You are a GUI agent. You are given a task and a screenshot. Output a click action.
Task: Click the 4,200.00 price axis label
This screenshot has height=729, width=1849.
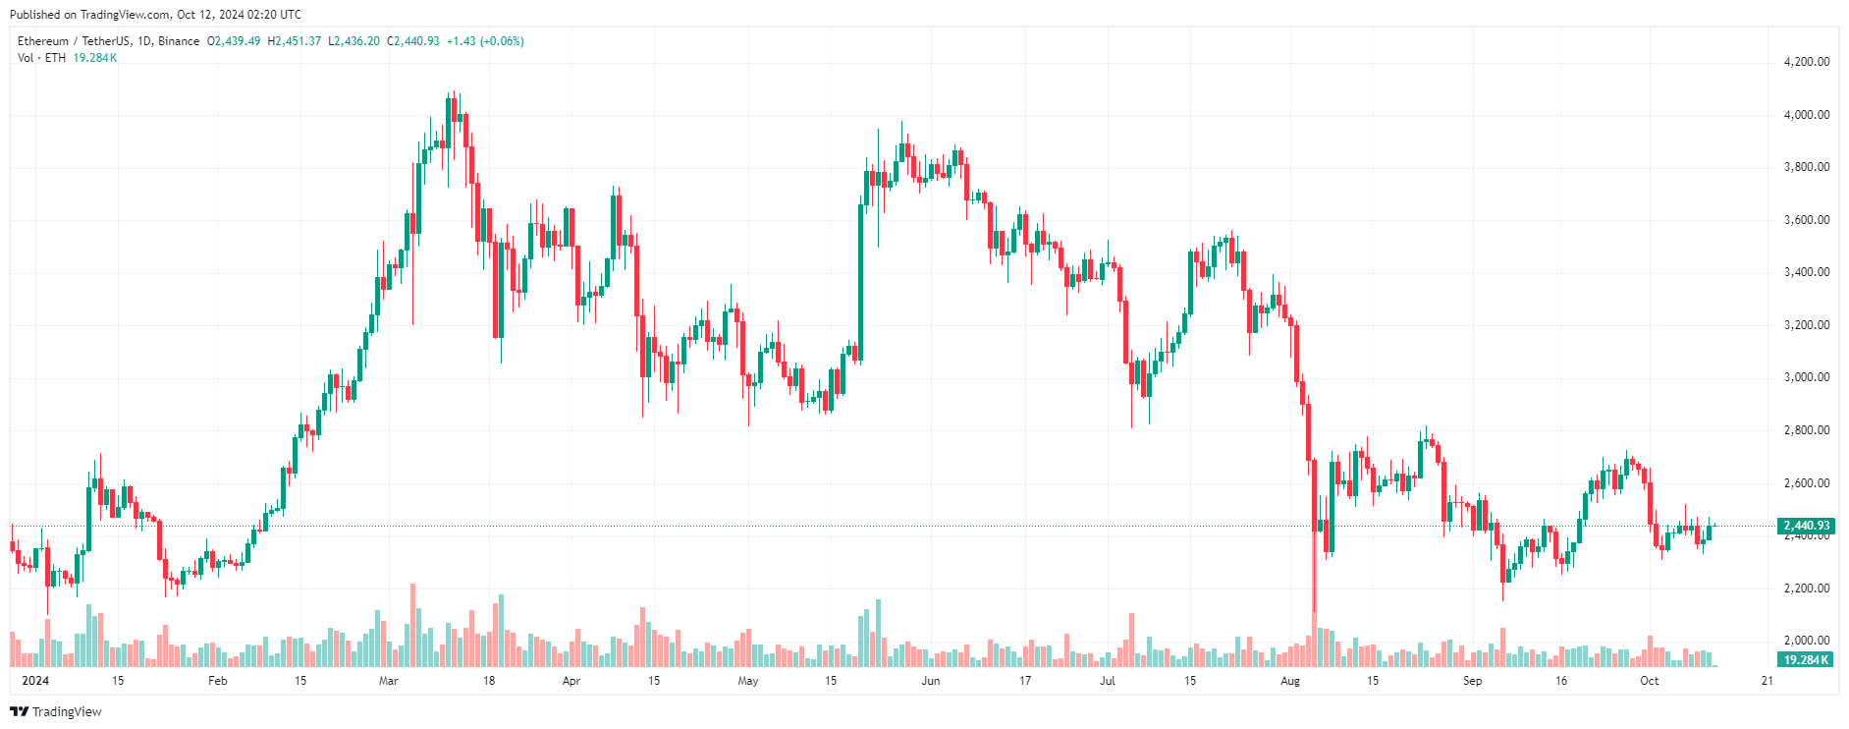1806,62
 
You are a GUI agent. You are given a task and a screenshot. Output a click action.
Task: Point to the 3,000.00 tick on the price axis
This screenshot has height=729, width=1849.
1806,377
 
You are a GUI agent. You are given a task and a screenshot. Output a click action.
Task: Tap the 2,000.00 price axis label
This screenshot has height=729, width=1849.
1806,641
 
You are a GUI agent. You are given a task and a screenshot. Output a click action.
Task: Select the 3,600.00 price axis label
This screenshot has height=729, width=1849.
1806,220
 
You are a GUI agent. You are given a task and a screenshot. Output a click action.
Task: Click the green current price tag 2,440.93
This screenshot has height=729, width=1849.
1806,526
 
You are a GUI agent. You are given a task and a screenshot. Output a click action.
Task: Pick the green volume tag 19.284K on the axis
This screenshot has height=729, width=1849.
1805,660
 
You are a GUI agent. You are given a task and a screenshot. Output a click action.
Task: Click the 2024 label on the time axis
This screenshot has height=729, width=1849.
35,681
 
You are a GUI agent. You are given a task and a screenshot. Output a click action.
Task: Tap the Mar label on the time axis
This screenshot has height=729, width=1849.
389,681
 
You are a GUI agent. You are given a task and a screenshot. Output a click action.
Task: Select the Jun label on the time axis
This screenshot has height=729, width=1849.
931,681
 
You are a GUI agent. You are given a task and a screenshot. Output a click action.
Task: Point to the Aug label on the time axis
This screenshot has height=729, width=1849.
1290,681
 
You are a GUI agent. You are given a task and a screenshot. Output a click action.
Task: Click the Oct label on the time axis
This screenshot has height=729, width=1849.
1650,681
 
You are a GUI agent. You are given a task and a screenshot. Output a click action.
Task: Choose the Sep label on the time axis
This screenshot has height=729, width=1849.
1473,681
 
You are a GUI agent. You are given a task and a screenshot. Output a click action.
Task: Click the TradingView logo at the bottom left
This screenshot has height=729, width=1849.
56,711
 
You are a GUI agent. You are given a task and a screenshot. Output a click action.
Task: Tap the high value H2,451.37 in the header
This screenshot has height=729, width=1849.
295,41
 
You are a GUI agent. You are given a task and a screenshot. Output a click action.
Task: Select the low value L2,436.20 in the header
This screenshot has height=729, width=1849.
353,41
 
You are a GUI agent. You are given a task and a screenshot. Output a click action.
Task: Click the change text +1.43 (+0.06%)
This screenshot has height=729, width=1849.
485,41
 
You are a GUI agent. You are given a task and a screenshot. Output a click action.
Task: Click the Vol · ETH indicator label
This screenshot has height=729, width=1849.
41,58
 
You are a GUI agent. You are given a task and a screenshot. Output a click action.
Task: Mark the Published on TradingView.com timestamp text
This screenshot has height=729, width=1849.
155,15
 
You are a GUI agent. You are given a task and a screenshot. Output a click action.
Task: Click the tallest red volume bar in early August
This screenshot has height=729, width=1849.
1314,641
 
